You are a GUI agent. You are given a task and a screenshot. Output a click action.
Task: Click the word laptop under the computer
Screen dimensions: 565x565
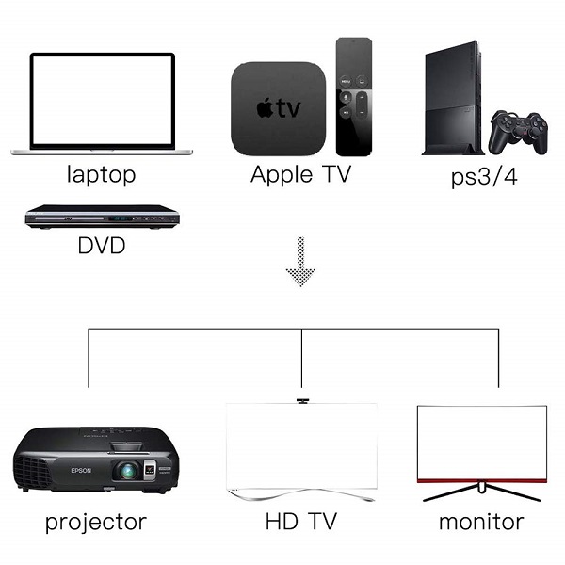(x=102, y=175)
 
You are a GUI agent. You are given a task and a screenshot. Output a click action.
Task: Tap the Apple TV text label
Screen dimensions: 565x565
(x=300, y=174)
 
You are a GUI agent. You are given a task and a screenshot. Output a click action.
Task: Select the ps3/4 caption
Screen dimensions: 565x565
(x=484, y=177)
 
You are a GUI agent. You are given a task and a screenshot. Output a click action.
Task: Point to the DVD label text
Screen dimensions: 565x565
(x=102, y=245)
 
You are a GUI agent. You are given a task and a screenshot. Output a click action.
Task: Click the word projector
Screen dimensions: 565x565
(x=96, y=523)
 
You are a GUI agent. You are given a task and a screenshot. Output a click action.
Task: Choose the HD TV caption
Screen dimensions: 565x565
(x=301, y=521)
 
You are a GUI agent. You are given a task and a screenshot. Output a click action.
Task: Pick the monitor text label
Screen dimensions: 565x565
(x=481, y=522)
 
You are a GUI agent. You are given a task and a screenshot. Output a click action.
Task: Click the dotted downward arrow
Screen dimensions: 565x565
(x=300, y=261)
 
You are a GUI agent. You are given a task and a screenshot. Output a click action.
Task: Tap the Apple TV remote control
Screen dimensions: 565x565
(x=354, y=97)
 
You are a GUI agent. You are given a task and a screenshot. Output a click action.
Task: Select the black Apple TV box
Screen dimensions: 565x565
(x=278, y=109)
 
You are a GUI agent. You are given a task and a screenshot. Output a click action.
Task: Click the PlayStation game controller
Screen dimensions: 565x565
(x=518, y=132)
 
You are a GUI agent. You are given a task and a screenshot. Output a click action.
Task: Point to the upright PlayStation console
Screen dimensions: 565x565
(x=453, y=98)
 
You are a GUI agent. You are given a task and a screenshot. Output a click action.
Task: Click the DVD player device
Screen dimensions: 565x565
(x=103, y=217)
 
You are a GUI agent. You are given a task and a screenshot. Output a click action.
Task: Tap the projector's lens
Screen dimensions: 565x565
(x=128, y=471)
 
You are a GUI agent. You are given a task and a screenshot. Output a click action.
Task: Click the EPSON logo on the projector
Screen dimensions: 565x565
(x=81, y=470)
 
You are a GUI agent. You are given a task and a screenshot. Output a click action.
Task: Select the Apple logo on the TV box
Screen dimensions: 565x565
(x=265, y=107)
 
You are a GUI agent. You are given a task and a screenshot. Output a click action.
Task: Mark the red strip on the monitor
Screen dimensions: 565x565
(x=482, y=480)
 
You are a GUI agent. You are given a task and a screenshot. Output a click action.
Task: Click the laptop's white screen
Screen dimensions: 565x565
(x=103, y=100)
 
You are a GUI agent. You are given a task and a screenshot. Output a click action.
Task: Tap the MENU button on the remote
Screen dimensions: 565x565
(x=346, y=81)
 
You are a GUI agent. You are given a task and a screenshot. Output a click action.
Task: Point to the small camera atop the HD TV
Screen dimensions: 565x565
(x=302, y=401)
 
